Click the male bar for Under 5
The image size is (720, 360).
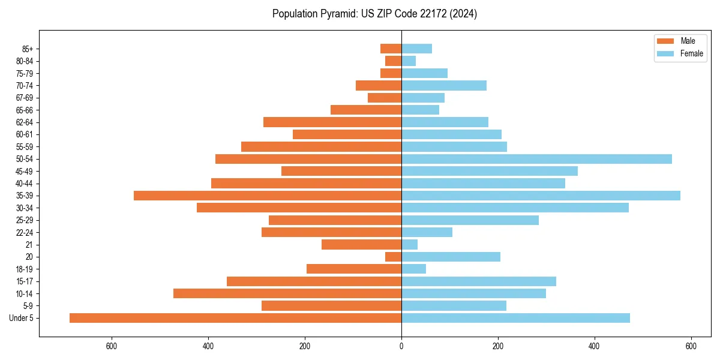click(x=235, y=318)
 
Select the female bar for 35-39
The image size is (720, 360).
click(x=541, y=196)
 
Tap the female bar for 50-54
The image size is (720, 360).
click(x=536, y=159)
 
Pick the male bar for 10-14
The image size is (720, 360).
click(x=287, y=293)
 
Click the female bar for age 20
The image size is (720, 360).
click(x=451, y=257)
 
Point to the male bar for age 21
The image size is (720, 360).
click(x=361, y=244)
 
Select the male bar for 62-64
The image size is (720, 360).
click(x=332, y=122)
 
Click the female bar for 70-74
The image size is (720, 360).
click(x=444, y=85)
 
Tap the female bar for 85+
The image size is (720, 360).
click(x=416, y=49)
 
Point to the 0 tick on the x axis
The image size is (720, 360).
click(x=401, y=346)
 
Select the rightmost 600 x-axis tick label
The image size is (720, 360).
click(x=691, y=346)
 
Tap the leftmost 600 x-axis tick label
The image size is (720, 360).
click(x=111, y=346)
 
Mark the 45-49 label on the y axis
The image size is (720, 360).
click(x=25, y=171)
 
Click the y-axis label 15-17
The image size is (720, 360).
click(x=25, y=281)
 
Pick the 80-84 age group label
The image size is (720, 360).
click(x=25, y=61)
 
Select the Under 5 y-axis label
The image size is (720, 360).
click(x=22, y=318)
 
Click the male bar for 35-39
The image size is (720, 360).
click(x=268, y=196)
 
